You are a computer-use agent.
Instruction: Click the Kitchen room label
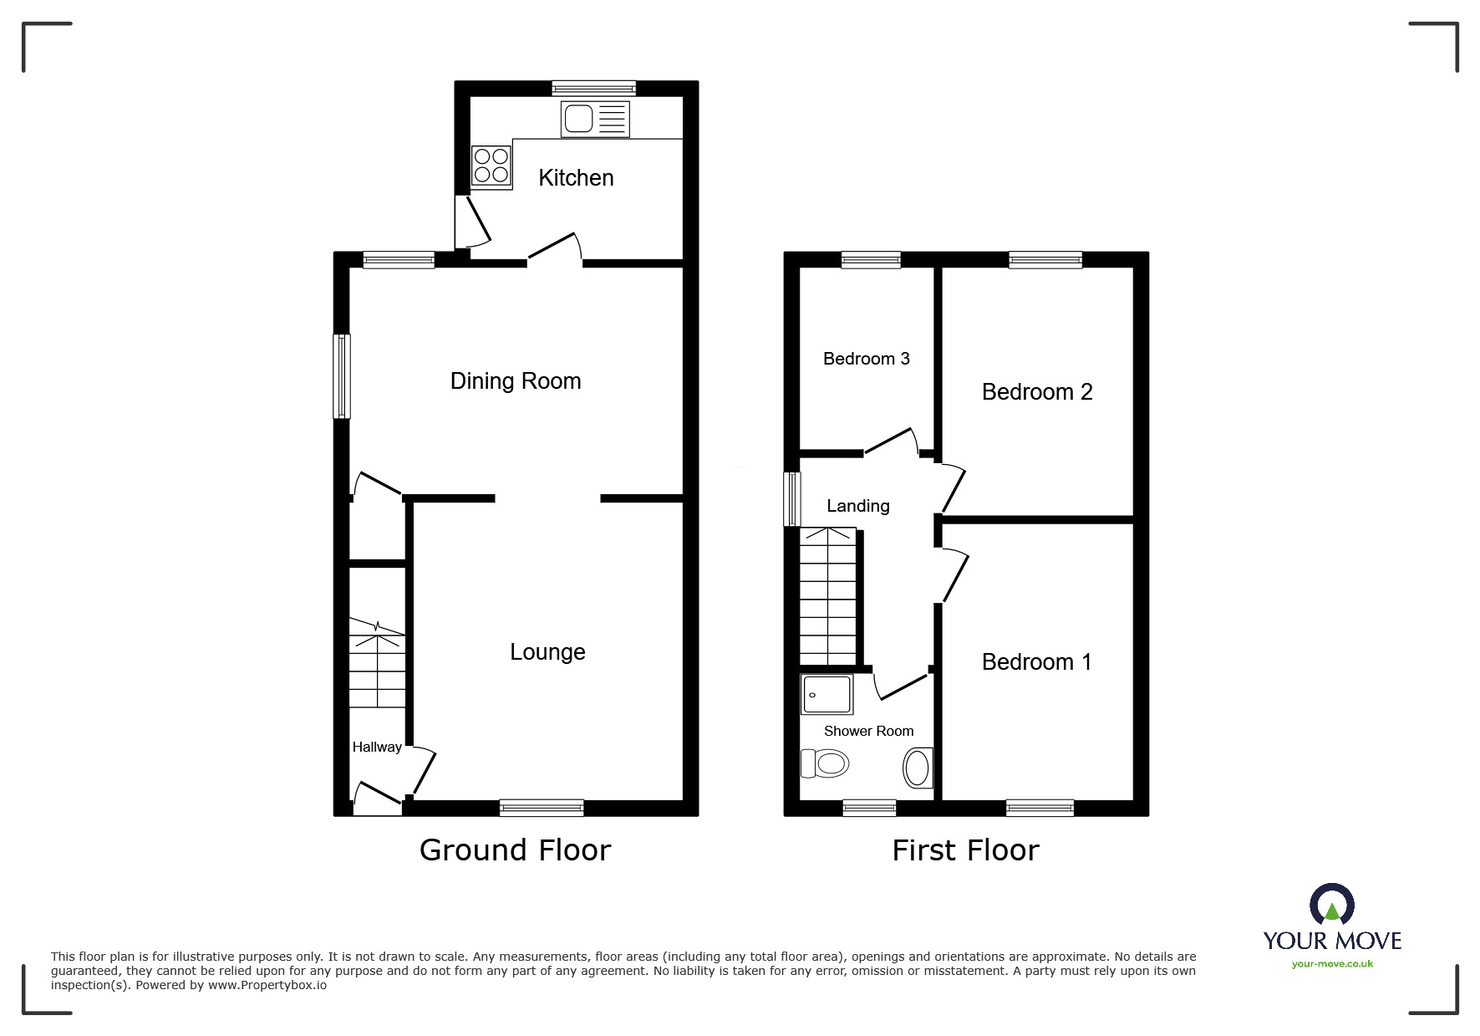[576, 178]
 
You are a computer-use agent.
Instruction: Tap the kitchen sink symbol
[595, 119]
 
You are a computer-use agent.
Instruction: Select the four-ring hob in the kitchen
[491, 166]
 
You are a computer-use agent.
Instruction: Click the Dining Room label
[516, 381]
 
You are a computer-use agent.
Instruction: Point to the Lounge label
[547, 652]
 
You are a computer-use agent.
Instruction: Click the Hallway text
[376, 748]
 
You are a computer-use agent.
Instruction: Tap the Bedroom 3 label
[866, 359]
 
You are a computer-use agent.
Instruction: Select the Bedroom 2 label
[1036, 392]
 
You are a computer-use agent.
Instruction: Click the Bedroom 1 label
[1036, 662]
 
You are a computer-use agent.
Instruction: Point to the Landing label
[857, 506]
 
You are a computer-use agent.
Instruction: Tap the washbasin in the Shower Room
[917, 768]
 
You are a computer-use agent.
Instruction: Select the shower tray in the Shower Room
[826, 695]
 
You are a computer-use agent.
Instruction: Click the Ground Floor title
[515, 850]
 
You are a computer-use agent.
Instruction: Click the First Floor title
[965, 850]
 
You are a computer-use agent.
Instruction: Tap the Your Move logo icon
[1331, 906]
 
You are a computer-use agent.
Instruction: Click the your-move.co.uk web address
[1332, 964]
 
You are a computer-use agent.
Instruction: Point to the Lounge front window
[542, 808]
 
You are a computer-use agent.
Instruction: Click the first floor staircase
[828, 595]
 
